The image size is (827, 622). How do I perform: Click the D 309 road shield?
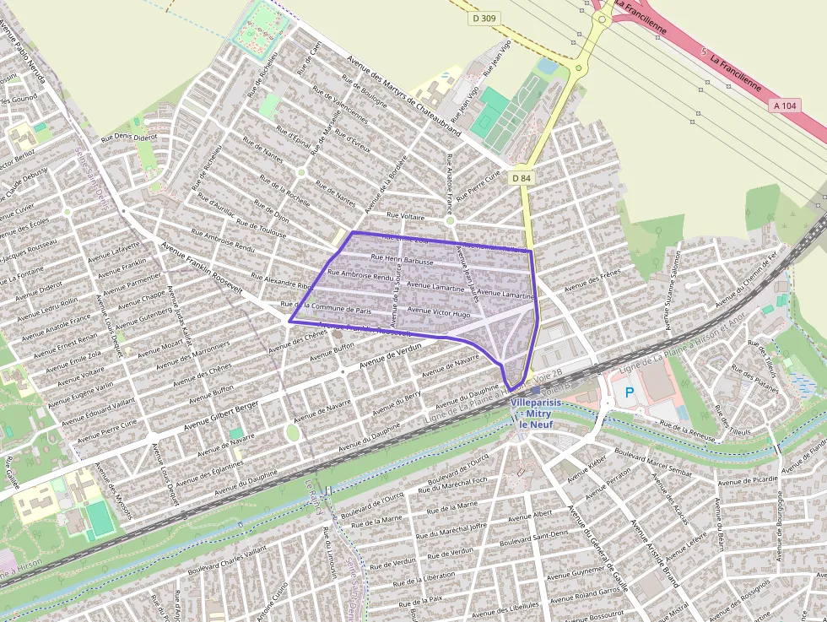(x=484, y=18)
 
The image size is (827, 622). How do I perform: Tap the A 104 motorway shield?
(x=784, y=105)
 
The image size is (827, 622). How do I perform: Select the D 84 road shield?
(x=521, y=178)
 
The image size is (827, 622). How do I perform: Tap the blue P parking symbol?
(x=629, y=392)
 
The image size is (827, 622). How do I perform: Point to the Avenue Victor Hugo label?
(x=439, y=312)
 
